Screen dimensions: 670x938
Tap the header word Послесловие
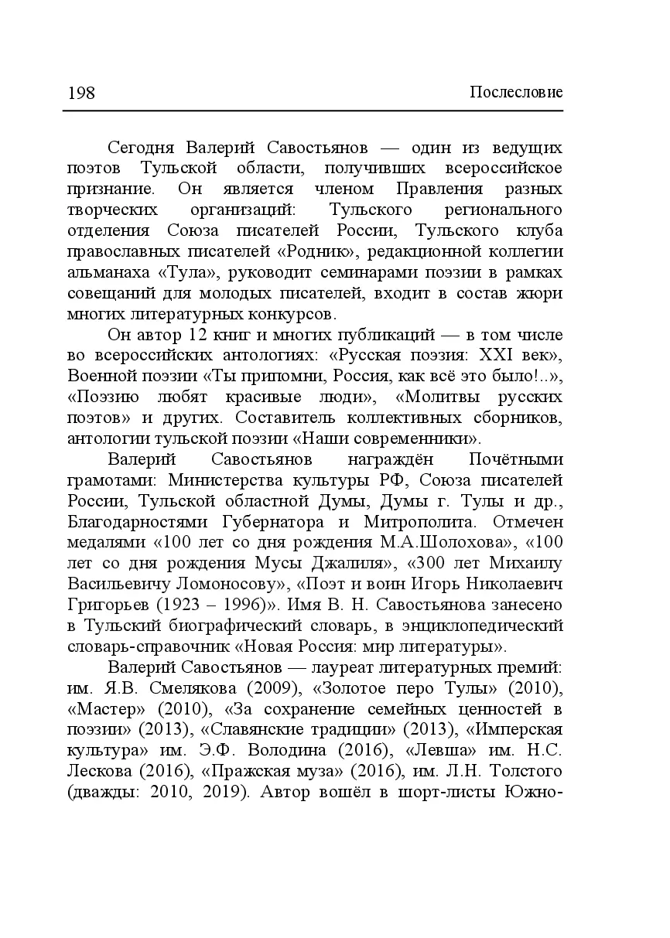pos(516,94)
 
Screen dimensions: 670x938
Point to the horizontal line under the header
pos(313,111)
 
